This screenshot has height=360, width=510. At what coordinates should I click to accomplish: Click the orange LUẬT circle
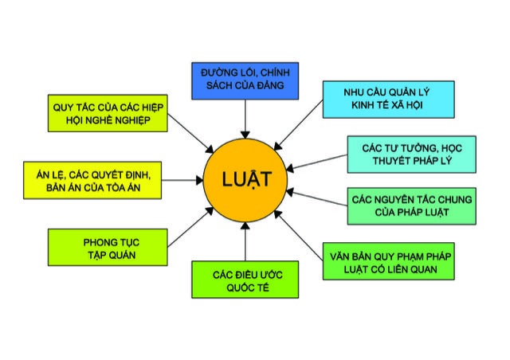click(245, 180)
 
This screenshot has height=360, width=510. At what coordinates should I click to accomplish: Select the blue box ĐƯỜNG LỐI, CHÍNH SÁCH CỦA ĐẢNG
click(245, 81)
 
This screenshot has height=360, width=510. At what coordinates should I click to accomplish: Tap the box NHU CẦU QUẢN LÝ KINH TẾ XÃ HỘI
click(388, 100)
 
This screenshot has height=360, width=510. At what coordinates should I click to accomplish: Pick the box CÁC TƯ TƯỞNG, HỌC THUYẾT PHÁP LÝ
click(411, 155)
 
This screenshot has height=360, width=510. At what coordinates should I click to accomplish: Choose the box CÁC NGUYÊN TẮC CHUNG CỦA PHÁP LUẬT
click(411, 206)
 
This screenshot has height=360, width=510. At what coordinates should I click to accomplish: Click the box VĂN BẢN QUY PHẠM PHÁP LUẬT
click(388, 261)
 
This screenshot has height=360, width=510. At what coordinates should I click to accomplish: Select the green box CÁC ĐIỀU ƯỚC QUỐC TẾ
click(245, 280)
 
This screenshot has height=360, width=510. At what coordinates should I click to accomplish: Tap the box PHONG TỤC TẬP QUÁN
click(108, 248)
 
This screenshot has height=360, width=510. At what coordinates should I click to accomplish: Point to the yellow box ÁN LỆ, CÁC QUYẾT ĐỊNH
click(92, 180)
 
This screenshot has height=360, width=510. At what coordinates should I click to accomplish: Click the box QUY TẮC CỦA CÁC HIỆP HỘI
click(108, 113)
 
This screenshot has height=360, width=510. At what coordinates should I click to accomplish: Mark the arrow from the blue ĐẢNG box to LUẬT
click(245, 119)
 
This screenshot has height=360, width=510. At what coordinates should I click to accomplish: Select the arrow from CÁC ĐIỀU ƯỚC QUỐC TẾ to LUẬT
click(245, 241)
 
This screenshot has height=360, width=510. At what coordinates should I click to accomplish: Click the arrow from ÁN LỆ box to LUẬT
click(182, 180)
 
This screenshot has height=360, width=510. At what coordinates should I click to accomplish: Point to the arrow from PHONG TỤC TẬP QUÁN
click(190, 227)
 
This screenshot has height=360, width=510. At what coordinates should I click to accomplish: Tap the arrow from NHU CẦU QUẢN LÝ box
click(299, 125)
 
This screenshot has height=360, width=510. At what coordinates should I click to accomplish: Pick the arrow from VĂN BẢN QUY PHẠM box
click(299, 236)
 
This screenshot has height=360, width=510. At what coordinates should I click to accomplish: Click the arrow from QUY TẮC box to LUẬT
click(190, 133)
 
